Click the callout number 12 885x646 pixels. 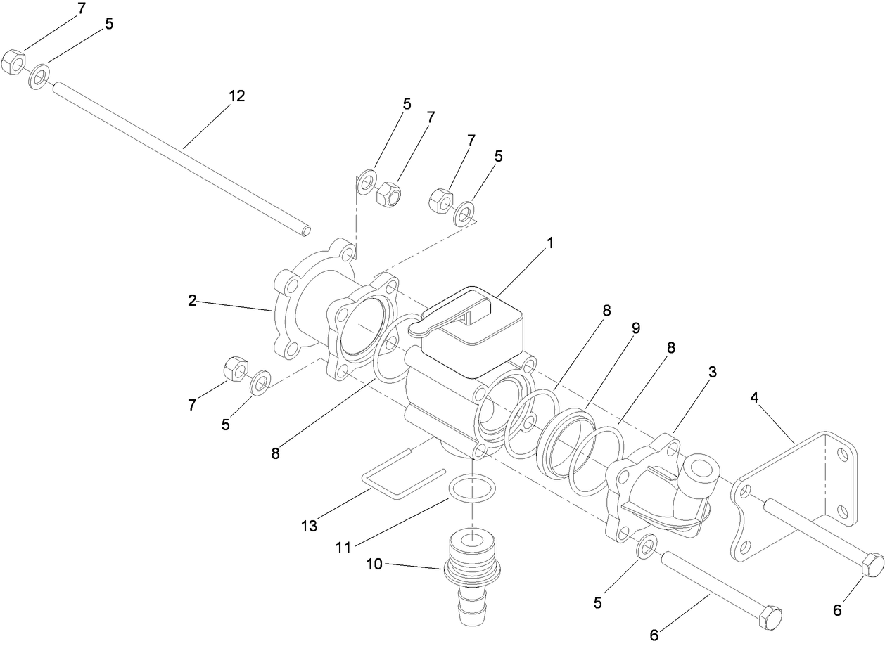click(237, 96)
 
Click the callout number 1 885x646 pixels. click(551, 243)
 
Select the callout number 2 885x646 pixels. click(192, 300)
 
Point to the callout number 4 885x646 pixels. click(754, 398)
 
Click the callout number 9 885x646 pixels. click(635, 328)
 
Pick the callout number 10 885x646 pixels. click(374, 563)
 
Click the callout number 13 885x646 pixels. click(309, 525)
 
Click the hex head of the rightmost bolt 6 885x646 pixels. click(872, 564)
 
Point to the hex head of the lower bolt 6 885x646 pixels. click(770, 616)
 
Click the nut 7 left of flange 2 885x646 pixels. click(234, 368)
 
